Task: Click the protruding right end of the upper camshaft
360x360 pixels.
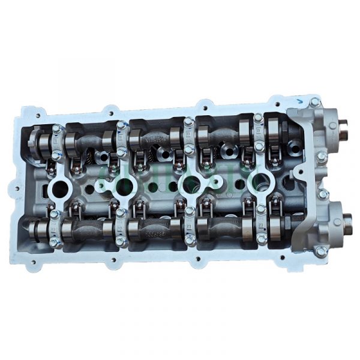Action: click(x=345, y=128)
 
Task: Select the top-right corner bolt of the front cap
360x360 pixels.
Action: click(x=315, y=103)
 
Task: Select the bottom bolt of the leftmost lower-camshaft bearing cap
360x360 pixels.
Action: click(x=55, y=242)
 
